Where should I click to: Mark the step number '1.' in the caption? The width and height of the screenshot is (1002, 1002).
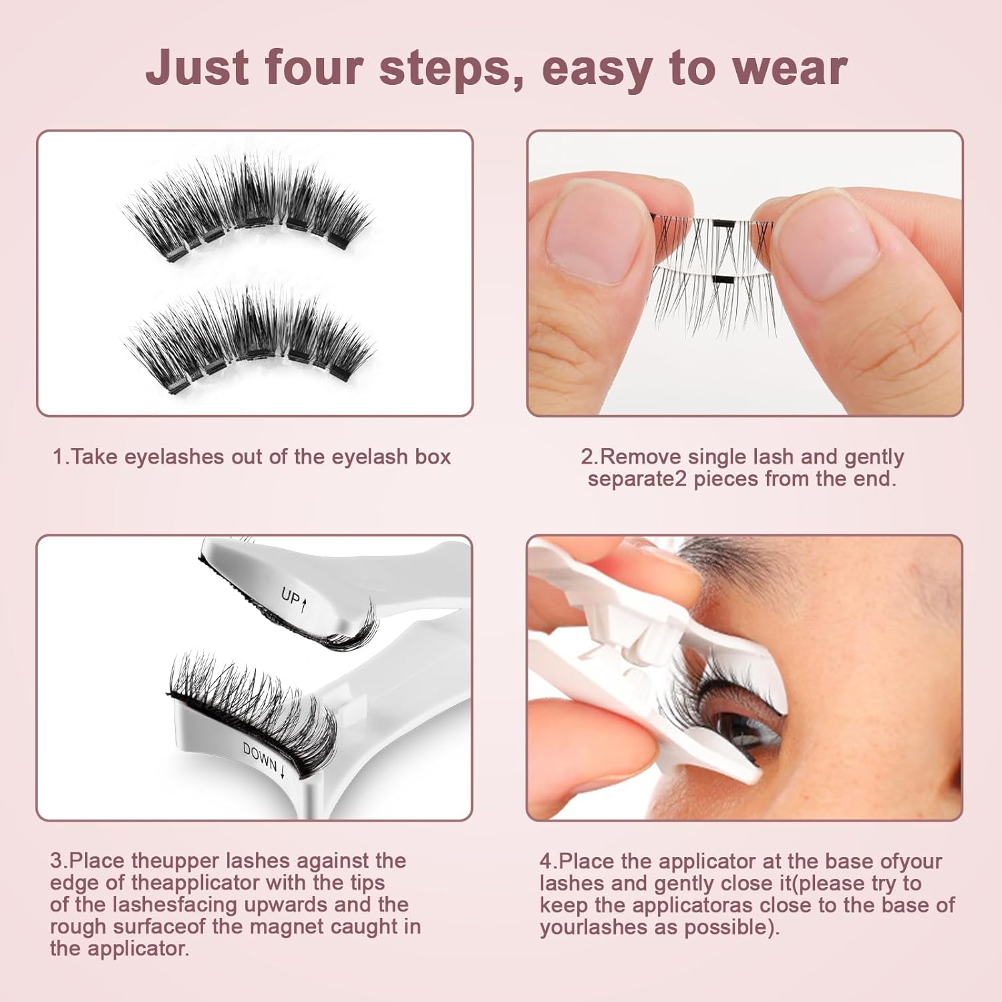tap(61, 457)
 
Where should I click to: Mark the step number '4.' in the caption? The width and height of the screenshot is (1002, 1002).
tap(548, 861)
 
